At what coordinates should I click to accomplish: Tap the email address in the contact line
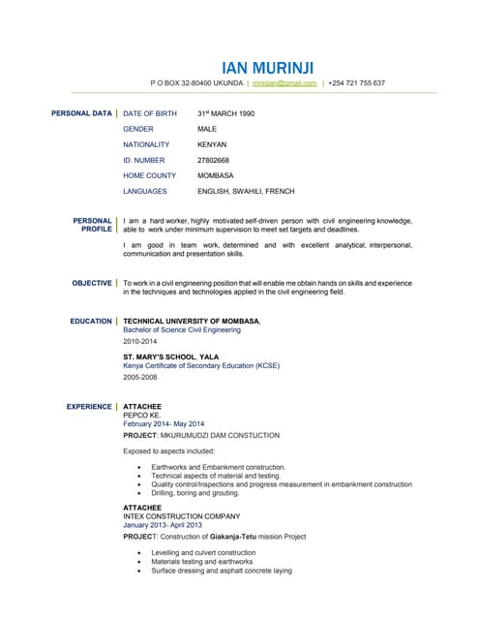click(x=284, y=83)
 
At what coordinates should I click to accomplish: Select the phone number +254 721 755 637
click(x=358, y=83)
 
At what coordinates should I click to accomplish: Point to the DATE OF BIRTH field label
click(x=150, y=113)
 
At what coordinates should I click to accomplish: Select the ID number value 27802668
click(x=214, y=160)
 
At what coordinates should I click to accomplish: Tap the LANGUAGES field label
click(x=145, y=191)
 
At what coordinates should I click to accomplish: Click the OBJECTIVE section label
click(x=92, y=283)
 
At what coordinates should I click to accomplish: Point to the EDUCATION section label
click(x=91, y=321)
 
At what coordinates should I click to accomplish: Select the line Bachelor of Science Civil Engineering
click(x=182, y=330)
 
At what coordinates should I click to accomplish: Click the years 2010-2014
click(x=138, y=342)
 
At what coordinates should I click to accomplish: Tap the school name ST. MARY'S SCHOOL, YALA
click(x=171, y=356)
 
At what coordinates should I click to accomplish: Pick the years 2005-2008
click(x=138, y=378)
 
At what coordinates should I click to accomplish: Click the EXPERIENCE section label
click(x=89, y=407)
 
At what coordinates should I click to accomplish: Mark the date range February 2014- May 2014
click(x=164, y=424)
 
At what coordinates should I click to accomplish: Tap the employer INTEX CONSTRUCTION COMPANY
click(x=181, y=516)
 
